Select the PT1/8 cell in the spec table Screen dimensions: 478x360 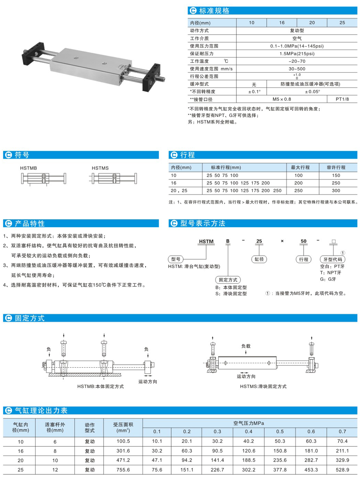(342, 99)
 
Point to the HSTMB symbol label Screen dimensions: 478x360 (28, 168)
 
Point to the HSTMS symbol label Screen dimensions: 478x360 (100, 168)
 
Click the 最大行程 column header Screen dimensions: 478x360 (302, 167)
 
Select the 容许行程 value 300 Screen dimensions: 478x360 (336, 191)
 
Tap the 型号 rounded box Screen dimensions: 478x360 (176, 259)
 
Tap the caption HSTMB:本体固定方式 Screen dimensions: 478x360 (100, 386)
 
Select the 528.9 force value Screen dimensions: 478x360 (342, 471)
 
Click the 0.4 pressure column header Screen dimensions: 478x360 (248, 431)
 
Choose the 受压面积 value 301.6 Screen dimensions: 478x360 (123, 451)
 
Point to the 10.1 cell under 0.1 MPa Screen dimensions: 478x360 (157, 441)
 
